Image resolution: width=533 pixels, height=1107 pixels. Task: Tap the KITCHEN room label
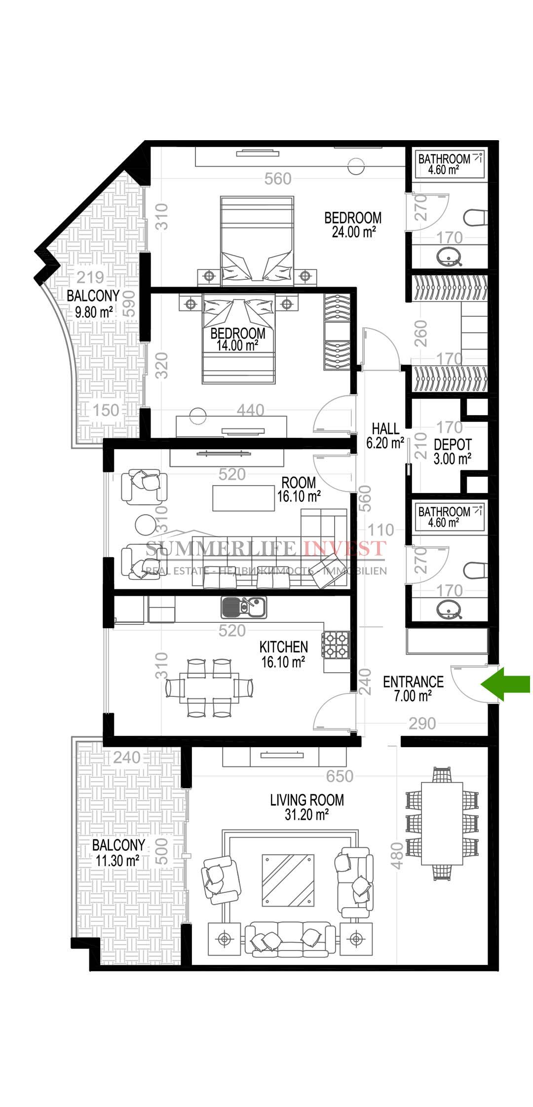[284, 647]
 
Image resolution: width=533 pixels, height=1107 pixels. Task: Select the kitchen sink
[244, 608]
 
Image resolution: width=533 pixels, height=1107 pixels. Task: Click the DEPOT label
[453, 445]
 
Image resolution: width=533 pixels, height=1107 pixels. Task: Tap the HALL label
[385, 428]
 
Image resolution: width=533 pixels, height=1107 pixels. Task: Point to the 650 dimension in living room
[340, 776]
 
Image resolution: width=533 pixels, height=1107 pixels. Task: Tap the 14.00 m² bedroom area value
[237, 345]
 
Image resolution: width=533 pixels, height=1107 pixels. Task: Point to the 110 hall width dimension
[381, 530]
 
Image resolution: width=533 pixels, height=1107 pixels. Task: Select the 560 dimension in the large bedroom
[278, 179]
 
